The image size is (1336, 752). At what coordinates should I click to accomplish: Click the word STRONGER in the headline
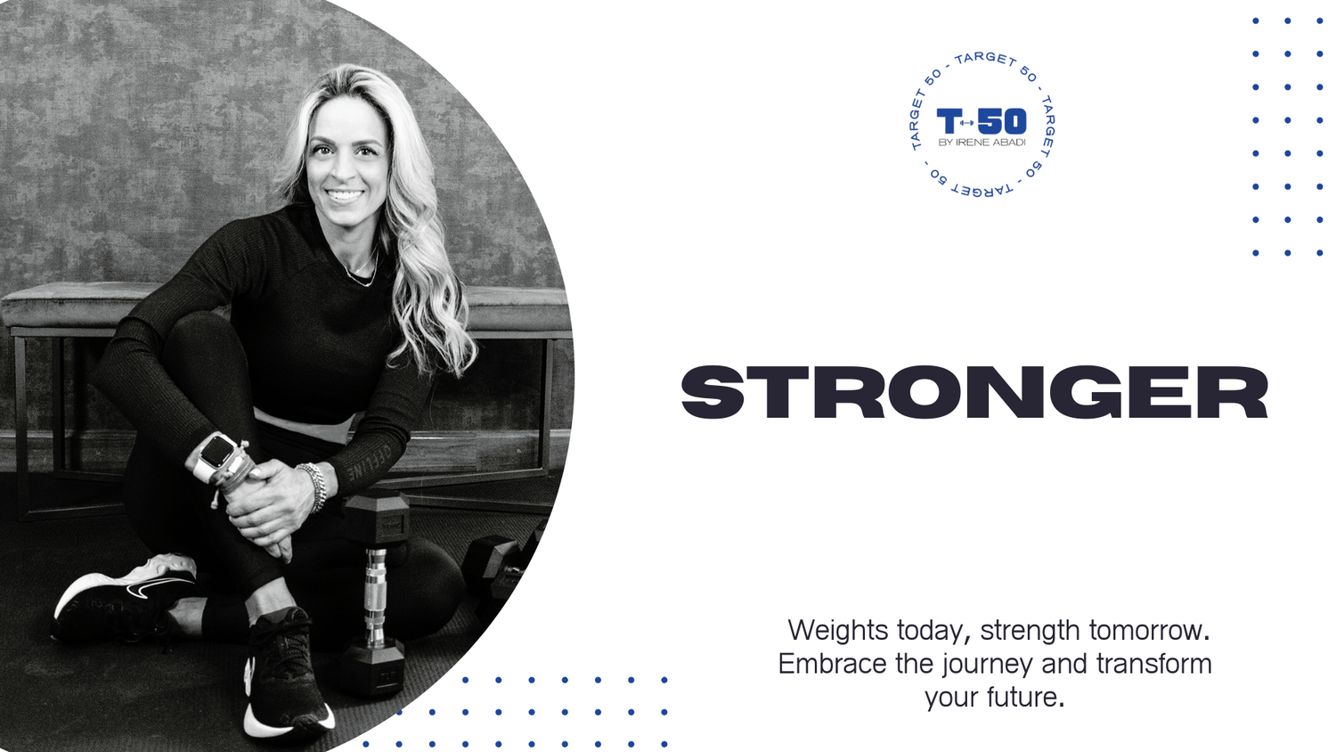coord(974,392)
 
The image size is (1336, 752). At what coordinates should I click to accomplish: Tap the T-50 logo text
coord(982,121)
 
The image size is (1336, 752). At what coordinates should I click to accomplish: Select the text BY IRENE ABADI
coord(982,142)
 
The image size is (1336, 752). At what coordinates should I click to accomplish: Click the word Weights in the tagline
coord(837,630)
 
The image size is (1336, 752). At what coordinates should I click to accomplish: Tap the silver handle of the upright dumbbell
coord(376,597)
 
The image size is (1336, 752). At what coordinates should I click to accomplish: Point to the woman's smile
coord(345,195)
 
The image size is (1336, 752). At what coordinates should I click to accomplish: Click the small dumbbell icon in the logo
coord(966,123)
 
